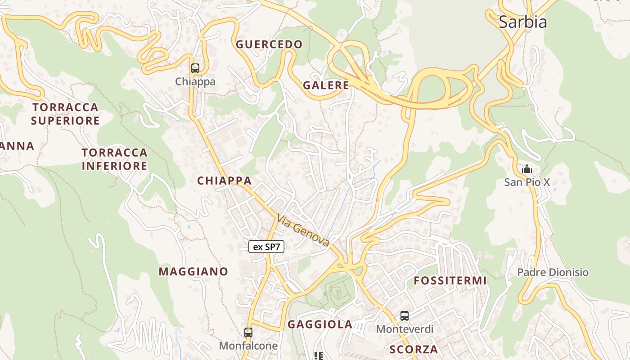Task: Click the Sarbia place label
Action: tap(522, 22)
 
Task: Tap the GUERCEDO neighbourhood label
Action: tap(269, 44)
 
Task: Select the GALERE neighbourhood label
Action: tap(326, 85)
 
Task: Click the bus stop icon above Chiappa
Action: tap(195, 68)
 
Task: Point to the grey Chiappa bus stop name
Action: tap(195, 82)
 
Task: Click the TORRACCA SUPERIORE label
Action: tap(65, 114)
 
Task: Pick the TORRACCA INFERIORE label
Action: tap(114, 159)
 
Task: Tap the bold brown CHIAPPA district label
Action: tap(224, 181)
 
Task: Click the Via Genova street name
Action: tap(303, 230)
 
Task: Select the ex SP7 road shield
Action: tap(266, 247)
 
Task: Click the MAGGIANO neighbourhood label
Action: tap(193, 271)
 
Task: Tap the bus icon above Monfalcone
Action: tap(248, 333)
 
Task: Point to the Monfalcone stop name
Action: tap(248, 346)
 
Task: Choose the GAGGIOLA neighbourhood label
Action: tap(320, 324)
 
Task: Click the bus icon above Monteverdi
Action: tap(405, 316)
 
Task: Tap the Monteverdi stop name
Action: tap(405, 329)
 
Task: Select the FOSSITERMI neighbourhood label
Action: tap(450, 281)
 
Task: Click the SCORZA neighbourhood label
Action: tap(414, 349)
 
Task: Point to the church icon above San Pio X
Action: tap(526, 169)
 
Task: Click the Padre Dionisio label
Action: tap(553, 272)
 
